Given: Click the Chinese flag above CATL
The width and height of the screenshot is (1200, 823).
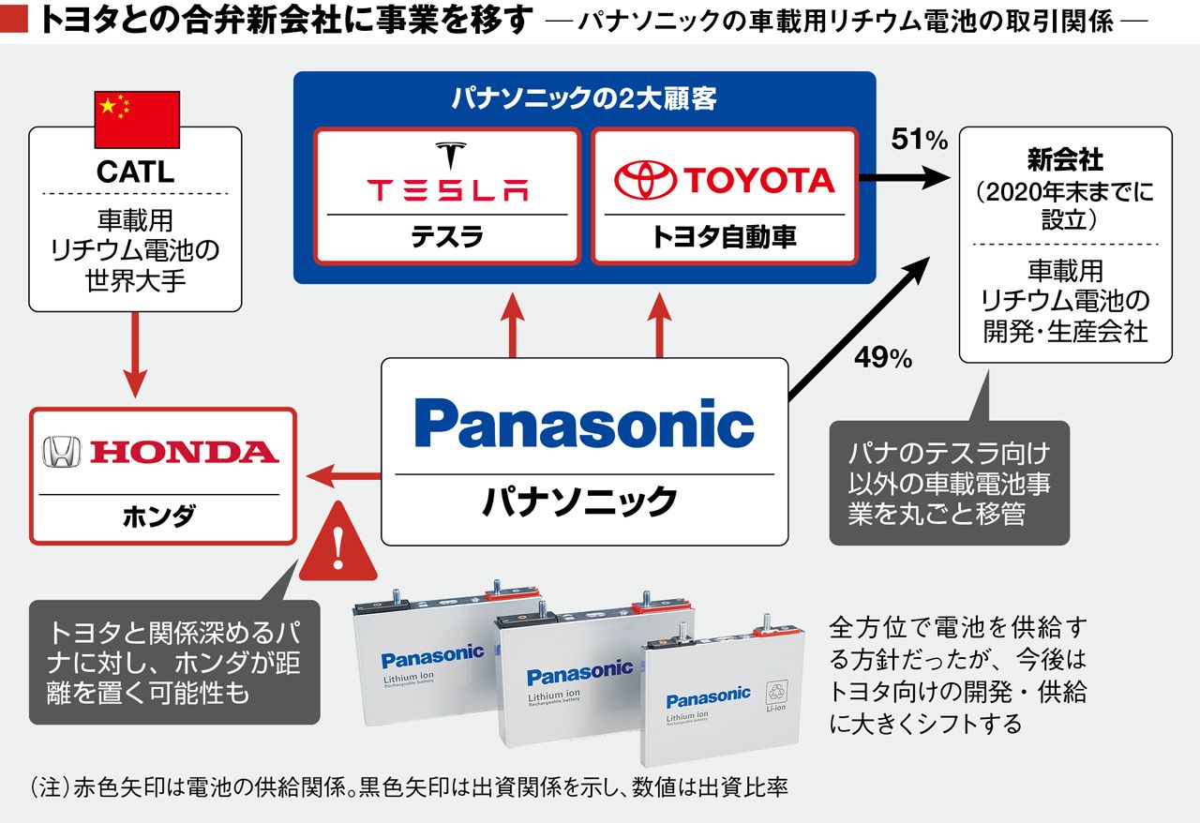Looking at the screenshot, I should coord(137,119).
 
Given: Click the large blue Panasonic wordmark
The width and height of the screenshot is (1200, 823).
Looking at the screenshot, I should coord(584,425).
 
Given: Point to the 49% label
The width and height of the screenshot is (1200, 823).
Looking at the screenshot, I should coord(883,358).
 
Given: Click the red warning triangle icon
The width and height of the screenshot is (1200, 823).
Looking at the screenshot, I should coord(338,544).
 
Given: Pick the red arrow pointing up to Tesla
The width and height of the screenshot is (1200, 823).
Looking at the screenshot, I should coord(512,323).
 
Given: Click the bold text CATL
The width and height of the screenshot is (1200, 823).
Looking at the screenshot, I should coord(136,172).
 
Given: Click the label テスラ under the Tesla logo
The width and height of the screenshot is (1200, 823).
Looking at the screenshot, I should coord(447,237).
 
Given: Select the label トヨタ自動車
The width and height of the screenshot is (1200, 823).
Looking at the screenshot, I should coord(724,237).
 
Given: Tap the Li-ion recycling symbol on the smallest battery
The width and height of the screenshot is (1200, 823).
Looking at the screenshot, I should coord(777,695).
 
